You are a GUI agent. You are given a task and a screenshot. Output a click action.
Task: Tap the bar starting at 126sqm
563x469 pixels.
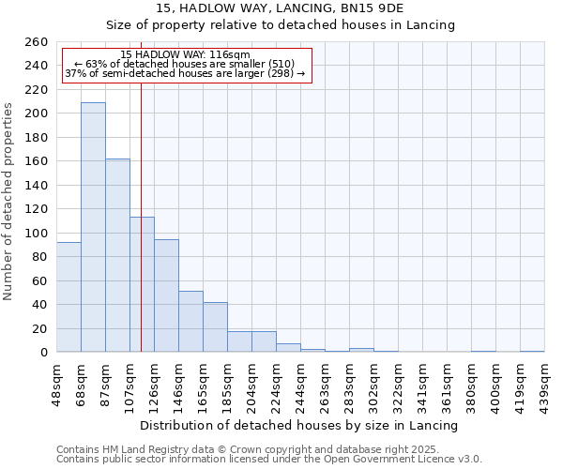[166, 295]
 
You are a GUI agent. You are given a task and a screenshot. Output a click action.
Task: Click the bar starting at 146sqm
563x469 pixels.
[190, 322]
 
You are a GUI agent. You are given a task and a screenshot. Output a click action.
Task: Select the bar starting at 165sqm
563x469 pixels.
[215, 327]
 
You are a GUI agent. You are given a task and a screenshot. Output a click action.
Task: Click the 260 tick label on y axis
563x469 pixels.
[35, 42]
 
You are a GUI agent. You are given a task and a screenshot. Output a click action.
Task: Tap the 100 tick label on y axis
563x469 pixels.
[35, 233]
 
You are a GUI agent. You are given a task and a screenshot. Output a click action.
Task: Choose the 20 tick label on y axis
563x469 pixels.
[38, 328]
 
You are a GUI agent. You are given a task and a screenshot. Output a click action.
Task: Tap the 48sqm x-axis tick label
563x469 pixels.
[56, 383]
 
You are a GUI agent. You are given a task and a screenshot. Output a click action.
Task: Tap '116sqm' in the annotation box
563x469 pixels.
[230, 55]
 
